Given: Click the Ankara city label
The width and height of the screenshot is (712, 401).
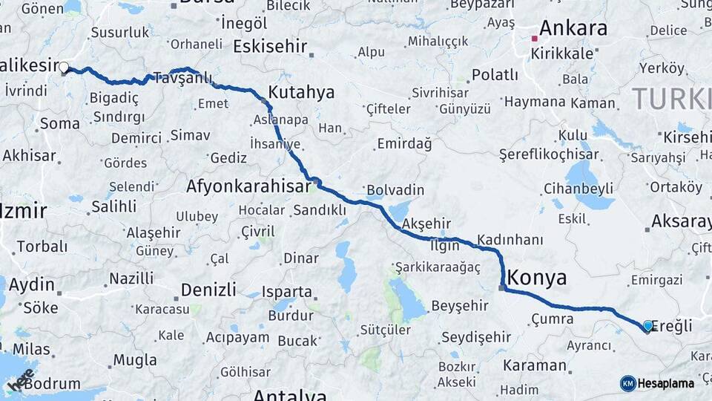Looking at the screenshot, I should click(573, 29).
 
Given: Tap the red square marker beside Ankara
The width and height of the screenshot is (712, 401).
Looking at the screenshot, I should click(534, 37).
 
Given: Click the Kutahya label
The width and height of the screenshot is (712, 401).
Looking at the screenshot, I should click(301, 93).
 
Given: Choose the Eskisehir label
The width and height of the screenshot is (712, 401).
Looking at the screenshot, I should click(270, 47).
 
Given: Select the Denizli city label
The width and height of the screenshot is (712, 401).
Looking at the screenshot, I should click(208, 289).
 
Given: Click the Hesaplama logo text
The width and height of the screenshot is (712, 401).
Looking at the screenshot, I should click(666, 383).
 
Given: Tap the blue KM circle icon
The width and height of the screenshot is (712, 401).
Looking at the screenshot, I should click(628, 383).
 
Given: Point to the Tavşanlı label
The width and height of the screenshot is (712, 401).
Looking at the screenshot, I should click(182, 78).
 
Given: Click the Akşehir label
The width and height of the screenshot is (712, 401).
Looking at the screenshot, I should click(426, 224).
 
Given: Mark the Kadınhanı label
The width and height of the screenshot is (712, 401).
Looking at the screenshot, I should click(510, 240).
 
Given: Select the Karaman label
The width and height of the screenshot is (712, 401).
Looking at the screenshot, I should click(535, 365).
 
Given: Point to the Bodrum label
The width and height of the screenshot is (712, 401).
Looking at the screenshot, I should click(52, 384).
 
